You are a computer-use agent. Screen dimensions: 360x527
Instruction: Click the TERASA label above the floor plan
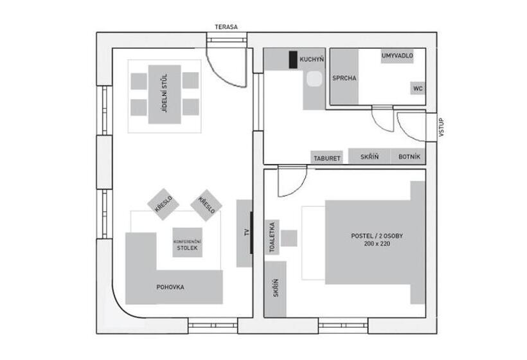point(226,27)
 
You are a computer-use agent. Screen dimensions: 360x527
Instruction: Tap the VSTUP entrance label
point(441,127)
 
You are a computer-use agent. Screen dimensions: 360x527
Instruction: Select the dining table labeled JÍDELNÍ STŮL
point(165,94)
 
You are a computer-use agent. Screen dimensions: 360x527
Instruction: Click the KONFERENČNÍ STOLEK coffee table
point(188,243)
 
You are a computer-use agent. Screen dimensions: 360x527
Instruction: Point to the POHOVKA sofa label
point(170,287)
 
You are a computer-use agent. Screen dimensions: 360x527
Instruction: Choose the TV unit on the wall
point(245,233)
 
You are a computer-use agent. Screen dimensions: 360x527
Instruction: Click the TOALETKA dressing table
point(273,237)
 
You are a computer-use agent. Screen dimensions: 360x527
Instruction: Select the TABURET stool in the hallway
point(326,157)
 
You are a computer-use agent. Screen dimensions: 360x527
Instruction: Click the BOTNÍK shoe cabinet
point(409,156)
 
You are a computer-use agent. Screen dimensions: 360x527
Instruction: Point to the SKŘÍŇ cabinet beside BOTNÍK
point(369,156)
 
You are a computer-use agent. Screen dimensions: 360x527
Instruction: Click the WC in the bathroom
point(417,88)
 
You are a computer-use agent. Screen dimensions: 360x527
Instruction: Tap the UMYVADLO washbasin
point(397,57)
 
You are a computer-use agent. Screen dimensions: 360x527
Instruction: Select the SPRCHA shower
point(344,78)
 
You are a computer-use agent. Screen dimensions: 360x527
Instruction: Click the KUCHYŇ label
point(312,59)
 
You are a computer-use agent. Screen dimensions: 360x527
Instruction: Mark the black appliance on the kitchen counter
point(293,59)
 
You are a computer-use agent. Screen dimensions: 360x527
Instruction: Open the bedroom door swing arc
point(290,183)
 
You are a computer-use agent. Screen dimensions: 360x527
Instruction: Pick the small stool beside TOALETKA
point(289,238)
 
